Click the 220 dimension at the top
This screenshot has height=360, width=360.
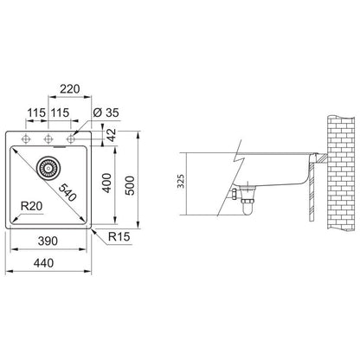[x=69, y=89]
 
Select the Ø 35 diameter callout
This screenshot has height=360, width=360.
[x=106, y=112]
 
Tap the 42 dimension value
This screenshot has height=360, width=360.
[x=112, y=135]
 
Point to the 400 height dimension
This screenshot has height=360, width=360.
[x=107, y=183]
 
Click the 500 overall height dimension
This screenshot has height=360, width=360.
[x=130, y=185]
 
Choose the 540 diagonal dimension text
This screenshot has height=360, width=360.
[x=67, y=193]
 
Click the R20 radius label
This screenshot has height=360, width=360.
[x=32, y=206]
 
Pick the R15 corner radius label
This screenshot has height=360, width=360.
[x=119, y=237]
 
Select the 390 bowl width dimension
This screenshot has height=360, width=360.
[x=48, y=241]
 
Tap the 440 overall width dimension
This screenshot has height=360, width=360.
[x=43, y=263]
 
